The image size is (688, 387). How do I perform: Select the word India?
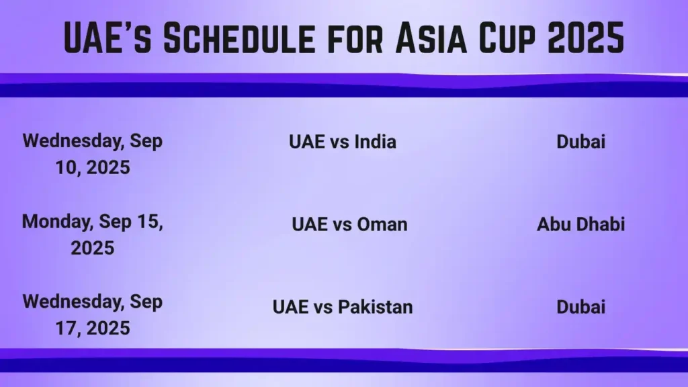(x=374, y=142)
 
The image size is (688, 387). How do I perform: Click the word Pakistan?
(x=375, y=307)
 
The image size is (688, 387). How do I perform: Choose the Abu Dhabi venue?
(x=580, y=224)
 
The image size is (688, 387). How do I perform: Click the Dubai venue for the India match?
(x=580, y=142)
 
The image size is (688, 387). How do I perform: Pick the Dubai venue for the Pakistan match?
(x=580, y=307)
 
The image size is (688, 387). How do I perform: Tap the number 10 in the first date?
(x=67, y=167)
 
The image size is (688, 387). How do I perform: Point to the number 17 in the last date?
(x=67, y=329)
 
